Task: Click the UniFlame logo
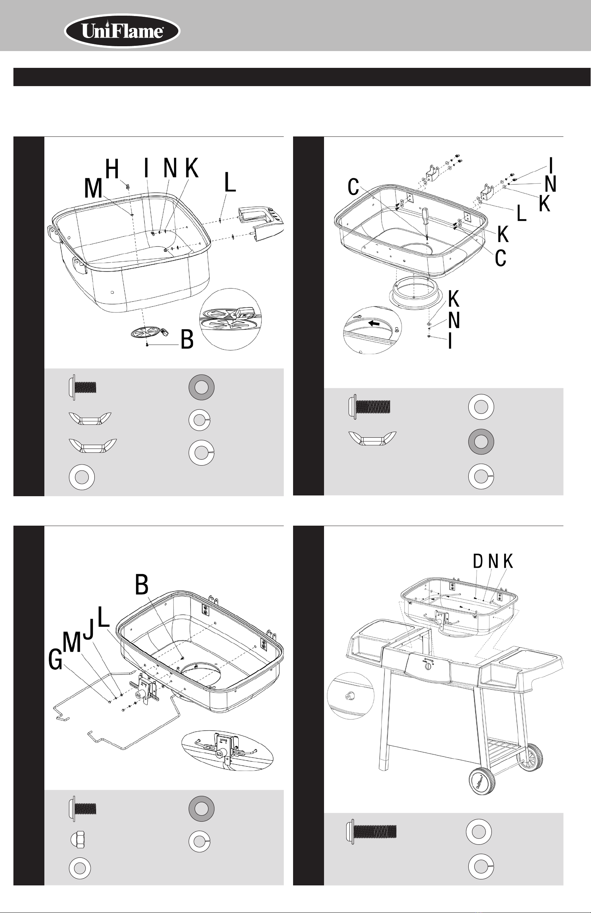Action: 122,31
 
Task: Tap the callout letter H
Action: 112,169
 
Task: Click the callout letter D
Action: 478,561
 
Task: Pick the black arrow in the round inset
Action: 374,323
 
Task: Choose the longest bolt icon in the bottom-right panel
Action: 371,832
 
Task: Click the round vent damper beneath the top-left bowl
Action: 147,332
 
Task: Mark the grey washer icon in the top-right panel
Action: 481,441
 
